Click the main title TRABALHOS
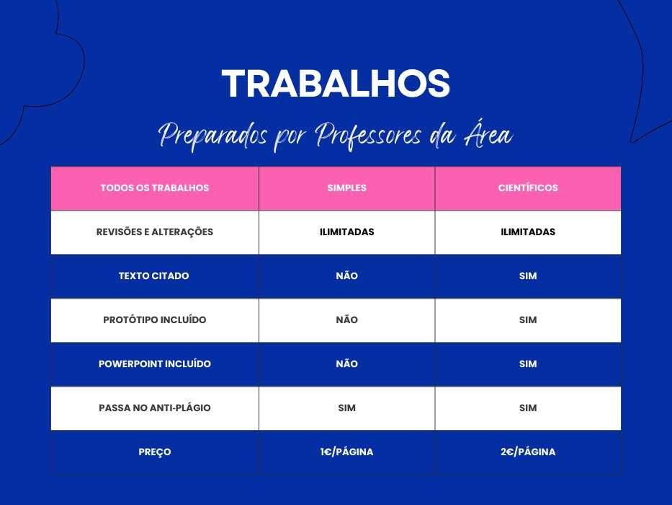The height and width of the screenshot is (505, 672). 336,84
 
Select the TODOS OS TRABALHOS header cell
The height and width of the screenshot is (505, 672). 155,188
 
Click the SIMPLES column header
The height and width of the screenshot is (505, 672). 346,188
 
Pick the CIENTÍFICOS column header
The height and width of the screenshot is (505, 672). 528,188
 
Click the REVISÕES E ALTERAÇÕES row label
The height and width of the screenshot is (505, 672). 155,232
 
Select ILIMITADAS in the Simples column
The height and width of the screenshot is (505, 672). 346,232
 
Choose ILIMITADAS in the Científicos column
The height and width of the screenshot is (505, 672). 528,232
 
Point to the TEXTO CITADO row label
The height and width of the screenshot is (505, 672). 154,276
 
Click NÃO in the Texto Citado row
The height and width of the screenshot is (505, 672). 346,276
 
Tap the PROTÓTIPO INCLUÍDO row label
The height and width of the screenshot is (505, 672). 155,320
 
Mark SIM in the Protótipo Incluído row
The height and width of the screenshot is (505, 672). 528,320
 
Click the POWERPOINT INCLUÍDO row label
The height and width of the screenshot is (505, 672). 155,364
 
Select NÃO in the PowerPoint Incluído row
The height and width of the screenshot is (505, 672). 346,364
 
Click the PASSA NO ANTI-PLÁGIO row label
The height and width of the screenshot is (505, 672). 155,408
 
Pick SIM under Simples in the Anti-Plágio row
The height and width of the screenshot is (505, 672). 346,408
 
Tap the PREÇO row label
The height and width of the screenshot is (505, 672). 155,452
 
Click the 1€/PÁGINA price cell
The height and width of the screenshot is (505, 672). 346,452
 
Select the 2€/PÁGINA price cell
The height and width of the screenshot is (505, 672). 528,452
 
